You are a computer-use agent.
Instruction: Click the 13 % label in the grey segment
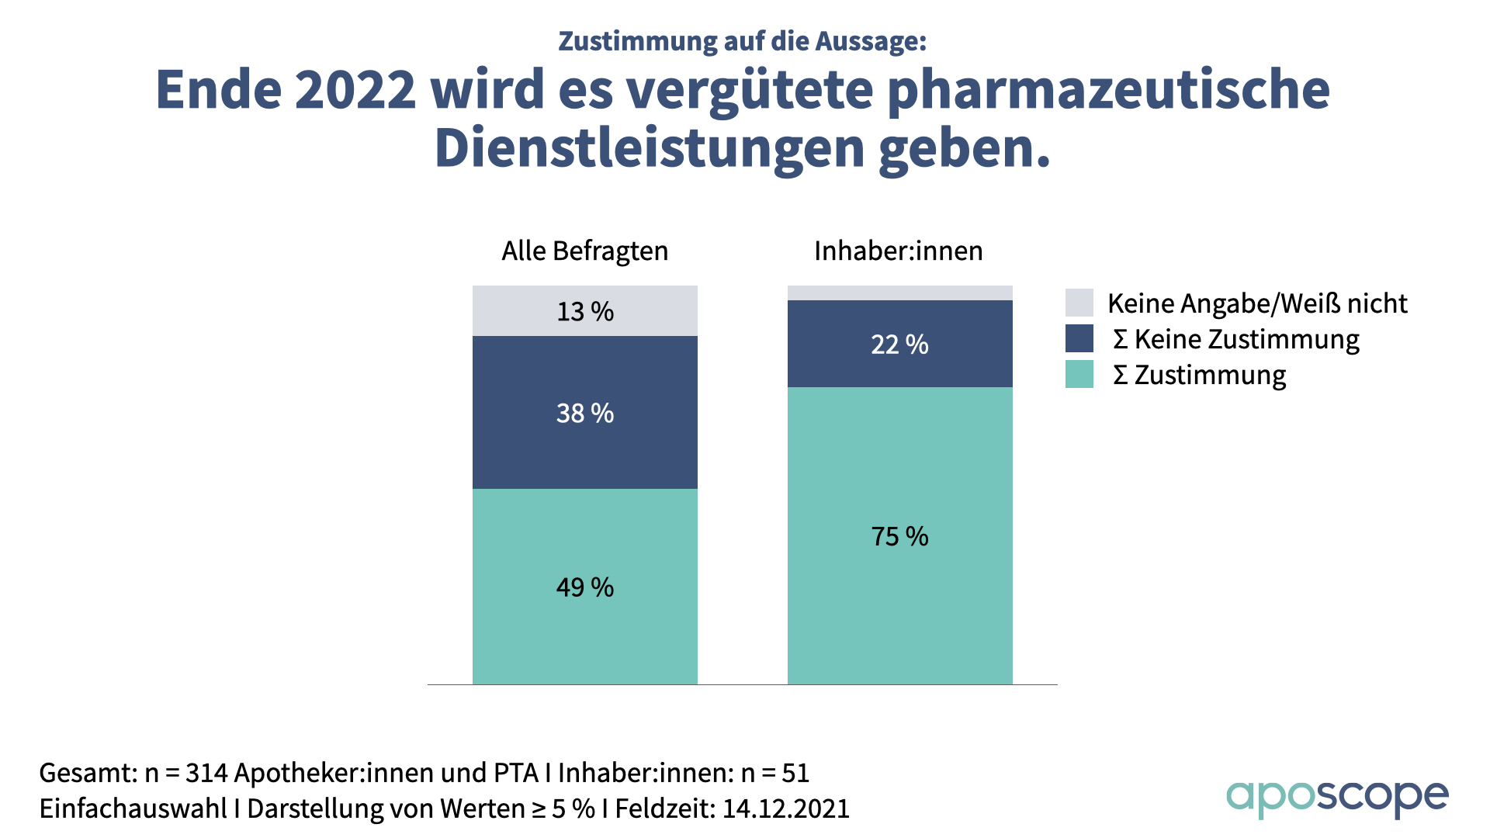[x=585, y=311]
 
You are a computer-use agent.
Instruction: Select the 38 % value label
[x=585, y=413]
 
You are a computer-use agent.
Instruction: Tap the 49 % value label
[x=585, y=587]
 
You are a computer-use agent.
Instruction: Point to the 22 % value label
[x=899, y=345]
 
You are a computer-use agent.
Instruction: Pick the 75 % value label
[x=899, y=536]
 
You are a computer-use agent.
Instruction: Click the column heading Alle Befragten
[x=584, y=251]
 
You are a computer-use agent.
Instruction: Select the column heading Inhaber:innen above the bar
[x=898, y=251]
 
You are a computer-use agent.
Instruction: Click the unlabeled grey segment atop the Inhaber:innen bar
[x=899, y=293]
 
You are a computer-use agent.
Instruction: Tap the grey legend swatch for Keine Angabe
[x=1079, y=303]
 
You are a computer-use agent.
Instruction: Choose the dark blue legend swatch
[x=1079, y=338]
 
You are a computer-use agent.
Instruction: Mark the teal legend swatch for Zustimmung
[x=1079, y=374]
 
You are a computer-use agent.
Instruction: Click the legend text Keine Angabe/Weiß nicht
[x=1257, y=303]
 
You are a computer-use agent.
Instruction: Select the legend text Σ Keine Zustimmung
[x=1235, y=340]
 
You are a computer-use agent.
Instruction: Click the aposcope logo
[x=1336, y=797]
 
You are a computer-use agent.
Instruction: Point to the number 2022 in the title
[x=355, y=90]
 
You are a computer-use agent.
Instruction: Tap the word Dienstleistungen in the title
[x=650, y=148]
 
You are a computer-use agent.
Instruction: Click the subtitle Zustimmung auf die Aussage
[x=743, y=41]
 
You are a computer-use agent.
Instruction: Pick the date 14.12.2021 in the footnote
[x=786, y=809]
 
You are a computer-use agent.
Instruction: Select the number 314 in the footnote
[x=206, y=773]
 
